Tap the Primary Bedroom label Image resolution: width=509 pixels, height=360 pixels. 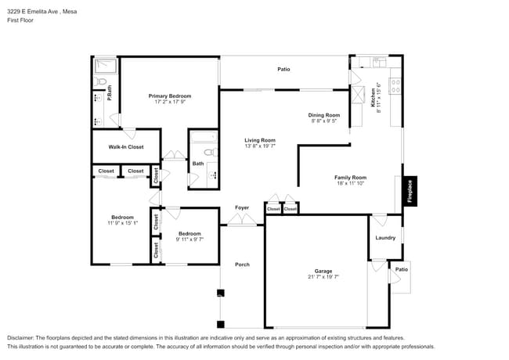click(170, 96)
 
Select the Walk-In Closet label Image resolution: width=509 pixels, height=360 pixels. click(125, 146)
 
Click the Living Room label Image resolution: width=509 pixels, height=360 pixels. click(260, 140)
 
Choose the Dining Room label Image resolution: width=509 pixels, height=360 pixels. click(323, 115)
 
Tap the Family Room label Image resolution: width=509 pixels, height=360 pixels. click(350, 178)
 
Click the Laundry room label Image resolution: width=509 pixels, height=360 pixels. click(385, 237)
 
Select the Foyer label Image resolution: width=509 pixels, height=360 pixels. click(242, 207)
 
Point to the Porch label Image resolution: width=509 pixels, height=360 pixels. click(242, 265)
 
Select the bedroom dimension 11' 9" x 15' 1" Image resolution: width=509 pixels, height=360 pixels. click(121, 223)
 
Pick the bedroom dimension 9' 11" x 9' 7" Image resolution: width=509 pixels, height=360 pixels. click(189, 239)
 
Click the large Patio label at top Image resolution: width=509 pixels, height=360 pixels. click(283, 70)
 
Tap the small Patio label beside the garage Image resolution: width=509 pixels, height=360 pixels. click(401, 269)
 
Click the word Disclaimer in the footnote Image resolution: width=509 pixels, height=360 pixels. click(22, 337)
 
